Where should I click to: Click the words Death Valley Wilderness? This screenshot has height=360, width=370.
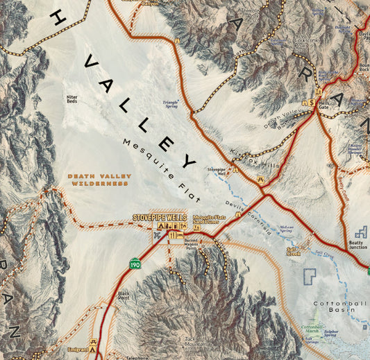pyautogui.click(x=99, y=180)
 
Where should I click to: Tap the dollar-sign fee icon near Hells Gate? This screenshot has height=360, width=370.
pyautogui.click(x=312, y=102)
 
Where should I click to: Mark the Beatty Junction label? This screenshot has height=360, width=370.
pyautogui.click(x=358, y=245)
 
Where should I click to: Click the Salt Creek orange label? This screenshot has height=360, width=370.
pyautogui.click(x=293, y=250)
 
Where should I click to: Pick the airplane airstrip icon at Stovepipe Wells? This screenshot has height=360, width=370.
pyautogui.click(x=158, y=236)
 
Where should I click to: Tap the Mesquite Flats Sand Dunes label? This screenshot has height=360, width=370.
pyautogui.click(x=210, y=219)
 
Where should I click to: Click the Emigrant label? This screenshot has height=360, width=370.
pyautogui.click(x=78, y=349)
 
